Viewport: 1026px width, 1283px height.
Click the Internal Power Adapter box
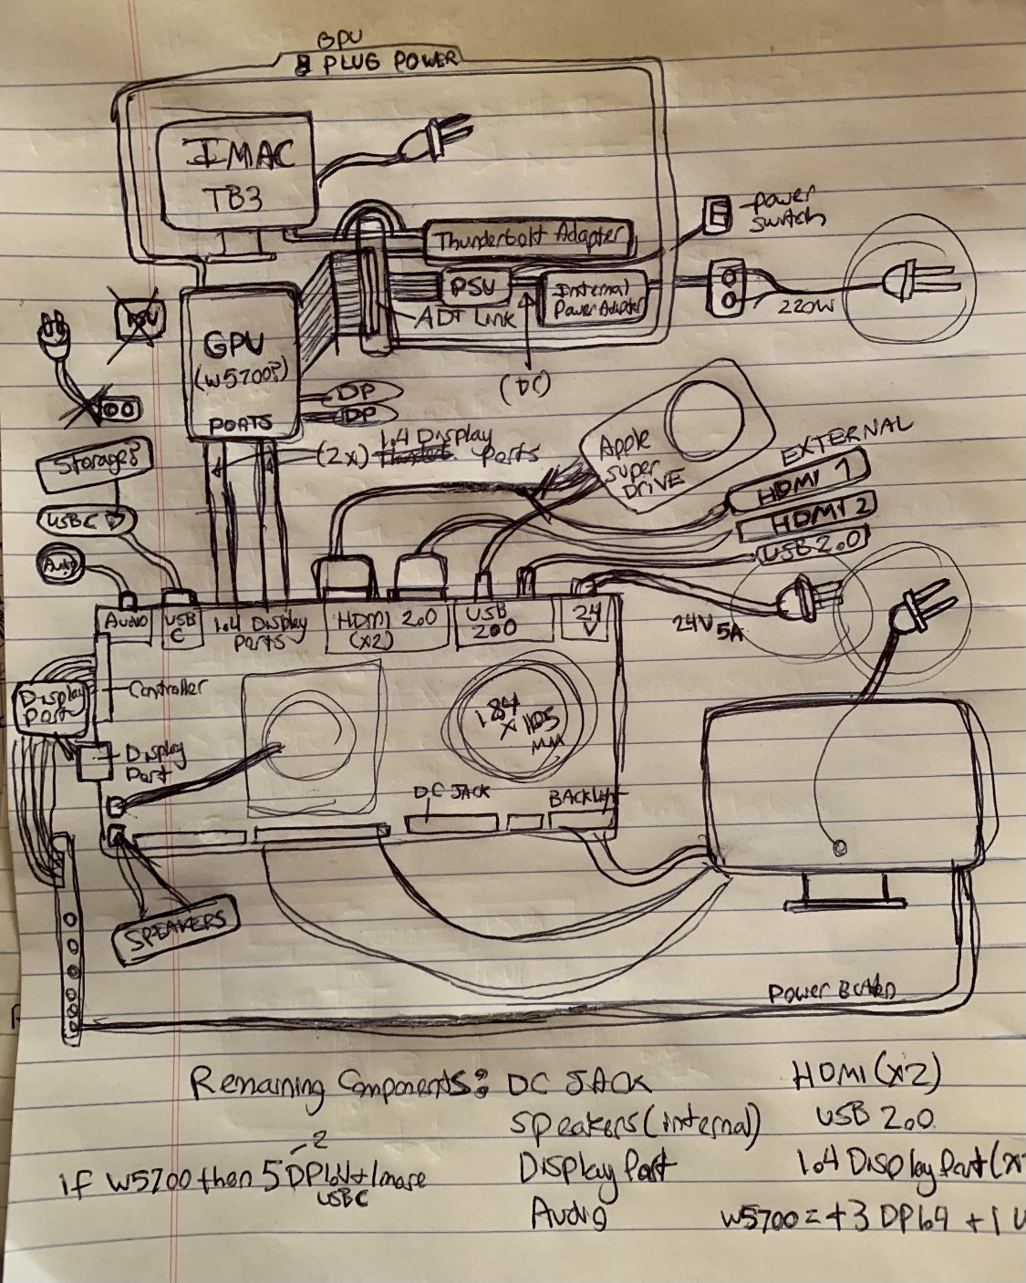[x=594, y=299]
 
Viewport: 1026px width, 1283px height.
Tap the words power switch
[x=782, y=209]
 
